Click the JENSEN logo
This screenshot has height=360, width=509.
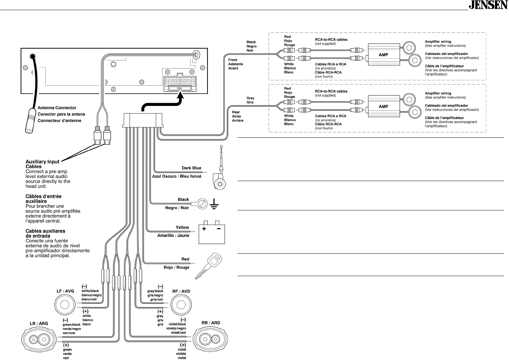[x=488, y=5]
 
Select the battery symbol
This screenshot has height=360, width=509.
[x=212, y=232]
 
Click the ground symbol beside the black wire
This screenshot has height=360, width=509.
[x=214, y=204]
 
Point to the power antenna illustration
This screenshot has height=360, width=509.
[x=219, y=168]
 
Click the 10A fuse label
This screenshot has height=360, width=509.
[x=179, y=88]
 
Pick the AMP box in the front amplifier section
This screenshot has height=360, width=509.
[x=384, y=55]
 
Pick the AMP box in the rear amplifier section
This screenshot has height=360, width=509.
[x=384, y=106]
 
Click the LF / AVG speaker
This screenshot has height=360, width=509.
[x=65, y=305]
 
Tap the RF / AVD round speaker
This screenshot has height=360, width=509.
[x=181, y=305]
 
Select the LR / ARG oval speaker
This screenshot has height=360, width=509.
[x=39, y=340]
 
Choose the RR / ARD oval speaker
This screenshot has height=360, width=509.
[x=210, y=339]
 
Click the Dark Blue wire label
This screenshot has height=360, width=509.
[x=191, y=168]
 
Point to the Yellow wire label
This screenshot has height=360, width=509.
[x=182, y=227]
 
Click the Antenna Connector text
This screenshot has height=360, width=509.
[x=57, y=108]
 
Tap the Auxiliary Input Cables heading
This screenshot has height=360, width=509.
[x=42, y=164]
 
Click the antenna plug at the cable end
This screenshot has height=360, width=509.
[x=30, y=121]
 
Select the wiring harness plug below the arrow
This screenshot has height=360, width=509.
[x=143, y=120]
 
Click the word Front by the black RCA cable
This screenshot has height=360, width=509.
[x=233, y=60]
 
